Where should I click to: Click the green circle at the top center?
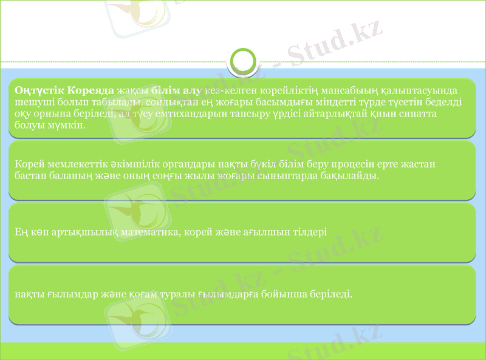point(243,61)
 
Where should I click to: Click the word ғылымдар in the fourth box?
point(62,294)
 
